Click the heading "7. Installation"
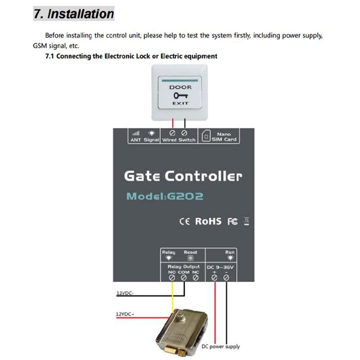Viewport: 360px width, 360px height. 74,13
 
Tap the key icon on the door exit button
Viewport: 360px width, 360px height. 180,95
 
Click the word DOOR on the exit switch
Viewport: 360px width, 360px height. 180,87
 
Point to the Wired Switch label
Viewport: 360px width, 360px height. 179,140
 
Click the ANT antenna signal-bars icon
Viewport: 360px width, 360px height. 135,134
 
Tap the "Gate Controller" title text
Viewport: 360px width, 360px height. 183,176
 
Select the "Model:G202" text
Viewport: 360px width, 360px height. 165,197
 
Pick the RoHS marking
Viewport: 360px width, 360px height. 208,221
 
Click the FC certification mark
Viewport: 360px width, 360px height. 232,221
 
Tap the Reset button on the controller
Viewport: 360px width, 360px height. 190,258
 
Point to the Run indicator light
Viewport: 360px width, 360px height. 230,258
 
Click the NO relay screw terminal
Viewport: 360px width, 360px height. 172,278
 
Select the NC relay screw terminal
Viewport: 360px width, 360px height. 195,278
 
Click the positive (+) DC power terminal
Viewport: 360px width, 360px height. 215,278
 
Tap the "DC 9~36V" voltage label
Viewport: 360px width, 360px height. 220,267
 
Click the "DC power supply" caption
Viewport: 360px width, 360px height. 220,346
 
